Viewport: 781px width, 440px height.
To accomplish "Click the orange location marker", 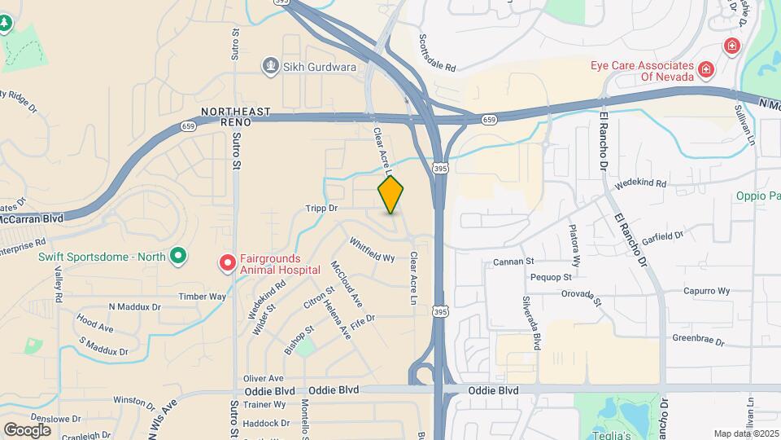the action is point(391,194).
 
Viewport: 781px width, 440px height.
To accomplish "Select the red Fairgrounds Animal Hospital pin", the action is point(227,263).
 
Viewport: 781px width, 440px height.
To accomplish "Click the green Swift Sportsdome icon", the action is point(177,257).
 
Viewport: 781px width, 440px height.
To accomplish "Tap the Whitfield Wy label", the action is point(372,249).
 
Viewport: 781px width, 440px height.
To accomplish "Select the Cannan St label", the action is point(513,262).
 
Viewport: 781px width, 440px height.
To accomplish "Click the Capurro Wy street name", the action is point(706,290).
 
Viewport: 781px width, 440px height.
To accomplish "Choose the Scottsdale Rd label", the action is point(438,52).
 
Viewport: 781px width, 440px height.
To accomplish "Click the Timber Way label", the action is point(203,297).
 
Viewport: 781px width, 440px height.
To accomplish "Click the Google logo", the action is point(27,429).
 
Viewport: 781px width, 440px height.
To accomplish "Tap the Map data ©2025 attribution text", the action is point(744,433).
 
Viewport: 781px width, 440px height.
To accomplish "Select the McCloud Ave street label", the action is point(346,283).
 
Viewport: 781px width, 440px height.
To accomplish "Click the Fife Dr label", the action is point(364,319).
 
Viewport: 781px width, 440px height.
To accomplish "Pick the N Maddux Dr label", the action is point(135,306).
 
